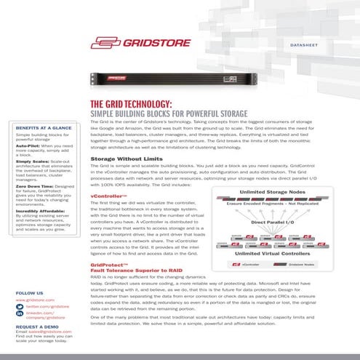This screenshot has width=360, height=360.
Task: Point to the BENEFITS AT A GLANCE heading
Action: click(x=43, y=128)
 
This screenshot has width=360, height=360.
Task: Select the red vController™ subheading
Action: click(x=105, y=196)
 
